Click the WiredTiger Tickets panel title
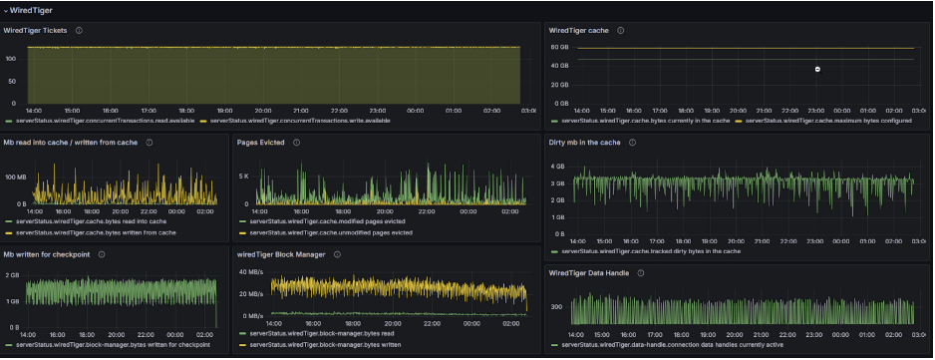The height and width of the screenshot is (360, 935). (36, 31)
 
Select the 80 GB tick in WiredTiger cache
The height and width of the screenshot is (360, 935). (559, 47)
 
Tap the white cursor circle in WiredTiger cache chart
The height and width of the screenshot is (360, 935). (817, 69)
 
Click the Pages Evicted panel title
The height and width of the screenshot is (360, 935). (260, 143)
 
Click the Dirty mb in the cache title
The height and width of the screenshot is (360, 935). (585, 143)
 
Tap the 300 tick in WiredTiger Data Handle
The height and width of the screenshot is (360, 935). (556, 307)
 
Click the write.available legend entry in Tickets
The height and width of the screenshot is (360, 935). (300, 121)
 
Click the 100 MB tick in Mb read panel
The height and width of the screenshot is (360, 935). (15, 177)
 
